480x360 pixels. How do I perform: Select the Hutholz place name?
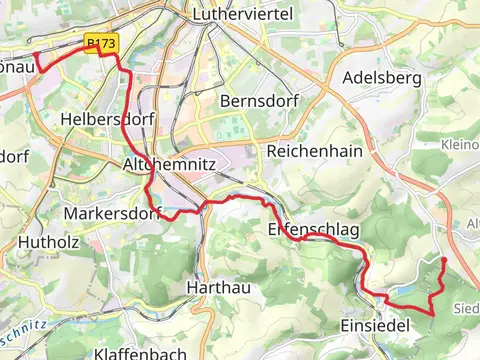[40, 240]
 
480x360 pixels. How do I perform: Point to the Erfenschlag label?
[313, 230]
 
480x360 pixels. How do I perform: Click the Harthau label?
[215, 287]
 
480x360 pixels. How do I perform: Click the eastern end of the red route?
[443, 260]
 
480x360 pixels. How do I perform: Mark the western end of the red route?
[36, 54]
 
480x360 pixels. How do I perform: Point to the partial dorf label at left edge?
[12, 157]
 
